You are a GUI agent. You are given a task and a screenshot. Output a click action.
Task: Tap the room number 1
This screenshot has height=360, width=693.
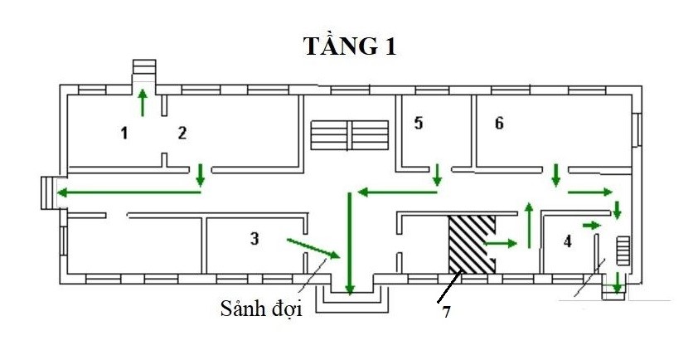pyautogui.click(x=124, y=132)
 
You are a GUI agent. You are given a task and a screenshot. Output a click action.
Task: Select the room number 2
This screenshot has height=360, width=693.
pyautogui.click(x=182, y=132)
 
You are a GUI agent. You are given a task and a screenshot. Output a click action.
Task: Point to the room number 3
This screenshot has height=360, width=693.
pyautogui.click(x=254, y=239)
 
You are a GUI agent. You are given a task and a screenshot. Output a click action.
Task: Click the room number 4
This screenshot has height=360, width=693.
pyautogui.click(x=567, y=242)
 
